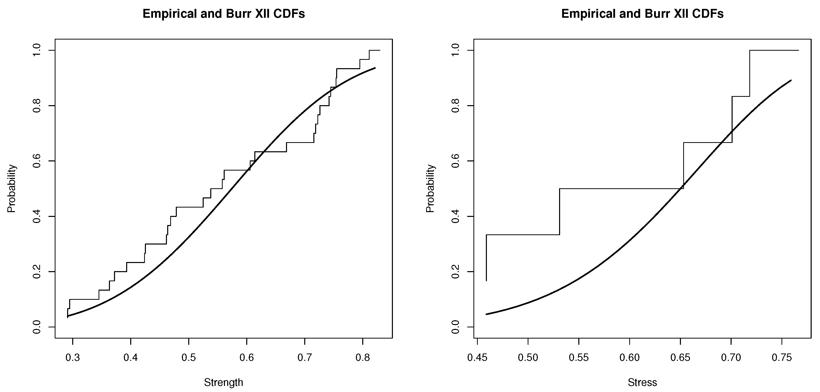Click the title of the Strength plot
223,14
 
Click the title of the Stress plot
642,14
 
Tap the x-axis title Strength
223,382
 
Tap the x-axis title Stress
642,382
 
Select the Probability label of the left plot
11,188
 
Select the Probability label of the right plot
430,188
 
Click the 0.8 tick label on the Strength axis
363,358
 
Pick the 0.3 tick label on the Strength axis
73,358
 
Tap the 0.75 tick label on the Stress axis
782,358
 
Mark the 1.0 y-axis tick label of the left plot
37,50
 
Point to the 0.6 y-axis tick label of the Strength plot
37,161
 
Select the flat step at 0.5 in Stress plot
621,189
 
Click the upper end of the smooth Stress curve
791,80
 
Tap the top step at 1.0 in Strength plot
375,50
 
